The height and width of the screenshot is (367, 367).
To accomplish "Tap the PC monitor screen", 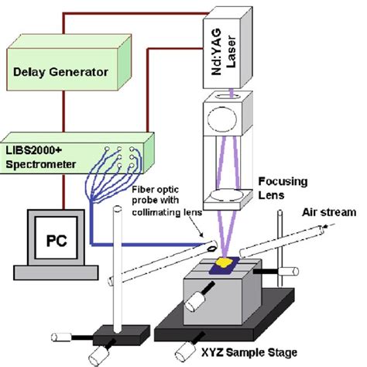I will (x=50, y=238).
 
